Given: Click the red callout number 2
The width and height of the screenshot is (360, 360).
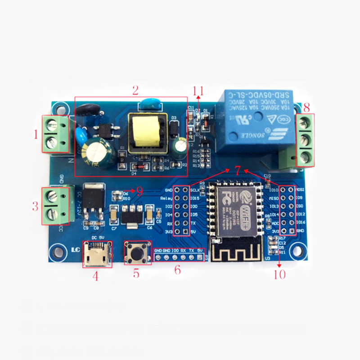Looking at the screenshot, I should pos(135,90).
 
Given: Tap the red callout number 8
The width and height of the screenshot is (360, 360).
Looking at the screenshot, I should pos(306,108).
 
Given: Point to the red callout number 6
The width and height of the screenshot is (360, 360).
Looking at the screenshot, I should pos(177,270).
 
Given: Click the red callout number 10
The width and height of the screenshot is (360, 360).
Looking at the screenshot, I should pos(279,274).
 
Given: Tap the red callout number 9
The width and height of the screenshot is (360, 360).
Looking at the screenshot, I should pos(140,191).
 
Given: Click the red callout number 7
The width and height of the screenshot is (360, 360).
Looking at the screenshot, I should pos(238,170).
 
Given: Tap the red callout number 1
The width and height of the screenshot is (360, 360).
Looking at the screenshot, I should pos(36,134).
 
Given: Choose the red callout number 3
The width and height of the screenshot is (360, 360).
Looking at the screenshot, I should pos(35,207).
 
